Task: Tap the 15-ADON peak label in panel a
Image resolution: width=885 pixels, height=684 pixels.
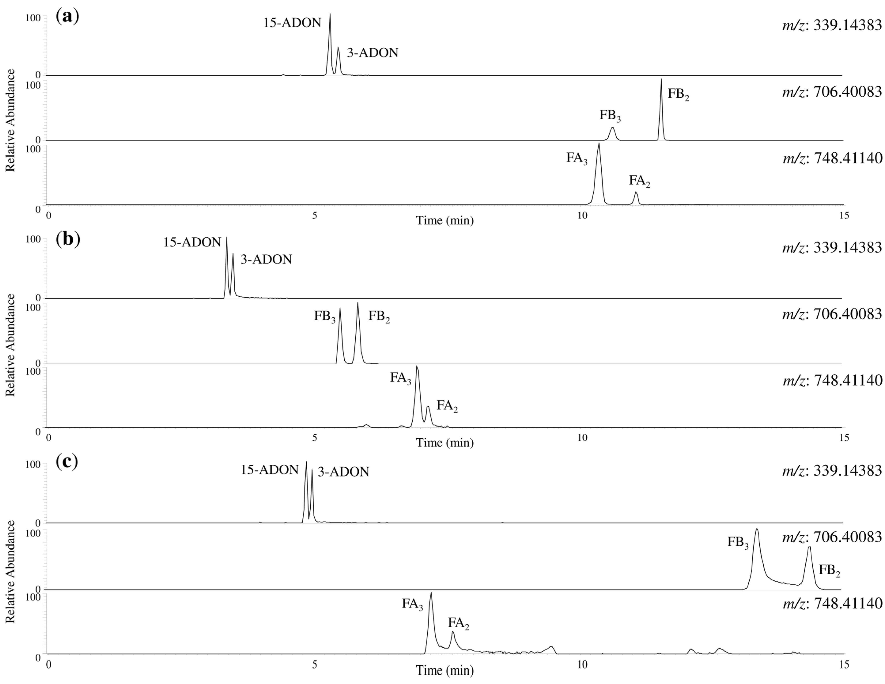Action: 292,23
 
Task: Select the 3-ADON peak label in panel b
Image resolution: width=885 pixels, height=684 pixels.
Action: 266,260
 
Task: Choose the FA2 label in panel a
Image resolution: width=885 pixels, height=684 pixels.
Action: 640,181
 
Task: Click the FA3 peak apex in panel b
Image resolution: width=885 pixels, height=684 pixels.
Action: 417,367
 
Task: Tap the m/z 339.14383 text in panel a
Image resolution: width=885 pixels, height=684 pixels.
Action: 832,25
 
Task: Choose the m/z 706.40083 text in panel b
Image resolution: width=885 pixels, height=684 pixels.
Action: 832,314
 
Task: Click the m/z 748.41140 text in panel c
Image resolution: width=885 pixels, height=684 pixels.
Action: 832,603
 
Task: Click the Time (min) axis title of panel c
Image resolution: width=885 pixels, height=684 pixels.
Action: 445,670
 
